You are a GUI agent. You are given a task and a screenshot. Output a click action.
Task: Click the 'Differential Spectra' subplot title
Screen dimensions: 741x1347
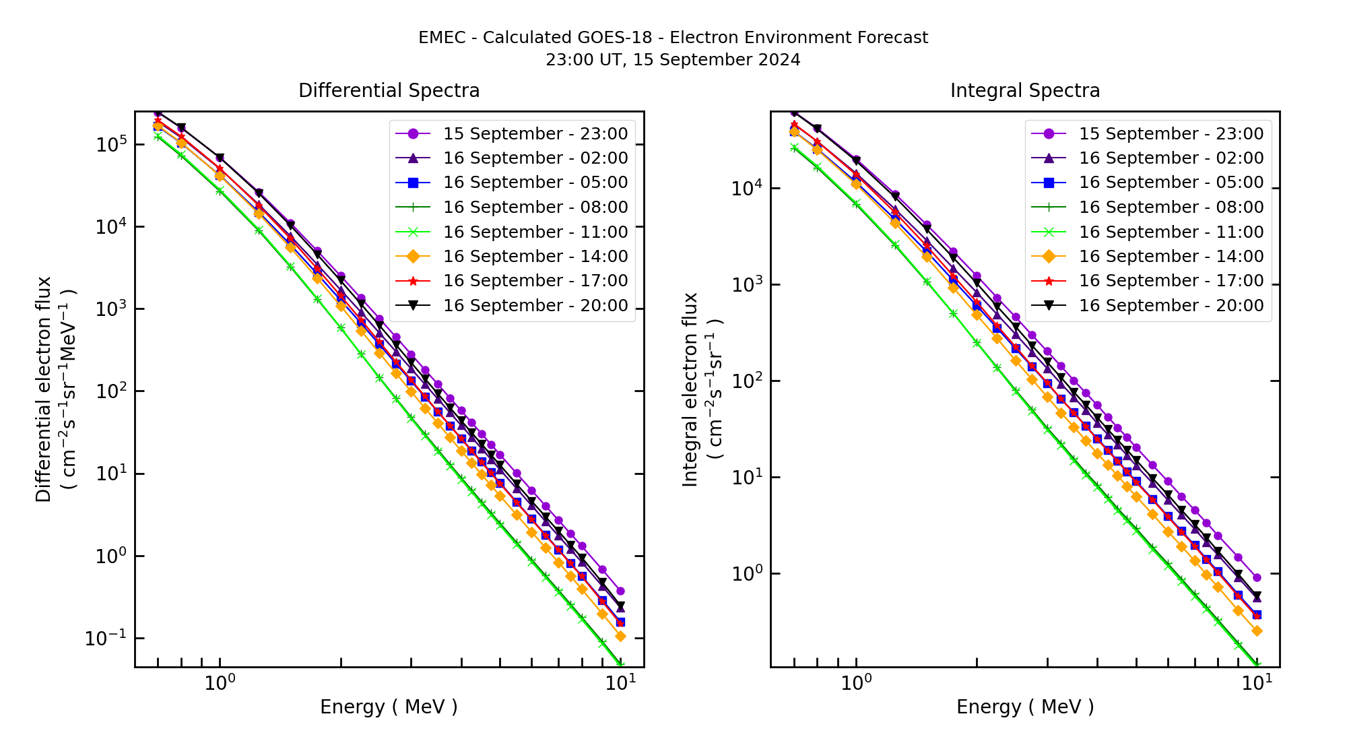(389, 91)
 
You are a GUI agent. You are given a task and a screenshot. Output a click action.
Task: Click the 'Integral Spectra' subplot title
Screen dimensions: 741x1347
(1024, 91)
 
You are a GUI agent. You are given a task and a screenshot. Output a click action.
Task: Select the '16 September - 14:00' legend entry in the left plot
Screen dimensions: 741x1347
(535, 257)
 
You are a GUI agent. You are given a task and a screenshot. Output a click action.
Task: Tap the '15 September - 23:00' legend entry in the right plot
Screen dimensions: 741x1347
(1171, 134)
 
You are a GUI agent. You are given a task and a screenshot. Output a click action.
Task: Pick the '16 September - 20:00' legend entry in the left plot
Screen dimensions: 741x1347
(535, 306)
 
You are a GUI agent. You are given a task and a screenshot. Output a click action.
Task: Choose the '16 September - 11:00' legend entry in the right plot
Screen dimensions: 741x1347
(1171, 232)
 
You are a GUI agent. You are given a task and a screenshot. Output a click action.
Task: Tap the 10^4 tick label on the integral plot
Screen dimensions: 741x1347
(746, 188)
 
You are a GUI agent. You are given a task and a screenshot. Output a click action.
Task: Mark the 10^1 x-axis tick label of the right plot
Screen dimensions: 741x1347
(1257, 682)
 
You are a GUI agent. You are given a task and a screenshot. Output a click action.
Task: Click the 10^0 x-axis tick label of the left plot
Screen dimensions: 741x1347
(220, 682)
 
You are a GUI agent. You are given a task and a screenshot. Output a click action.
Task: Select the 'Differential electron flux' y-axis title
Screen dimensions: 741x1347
(44, 389)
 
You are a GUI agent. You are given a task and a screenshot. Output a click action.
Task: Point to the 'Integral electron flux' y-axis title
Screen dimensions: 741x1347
(691, 389)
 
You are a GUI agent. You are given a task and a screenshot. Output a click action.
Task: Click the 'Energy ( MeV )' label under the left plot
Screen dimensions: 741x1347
(389, 707)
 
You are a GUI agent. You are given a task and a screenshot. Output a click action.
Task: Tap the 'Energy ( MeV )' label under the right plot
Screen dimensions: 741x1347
(1024, 707)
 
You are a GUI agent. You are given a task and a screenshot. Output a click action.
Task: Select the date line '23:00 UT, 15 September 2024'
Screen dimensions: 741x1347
(673, 60)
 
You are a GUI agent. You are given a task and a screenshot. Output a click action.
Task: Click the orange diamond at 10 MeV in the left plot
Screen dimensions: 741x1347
(620, 636)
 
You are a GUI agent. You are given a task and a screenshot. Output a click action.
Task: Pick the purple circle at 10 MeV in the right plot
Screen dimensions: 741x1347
(1257, 578)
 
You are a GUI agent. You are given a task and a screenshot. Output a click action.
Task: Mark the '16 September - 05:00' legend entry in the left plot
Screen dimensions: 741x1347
(535, 183)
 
